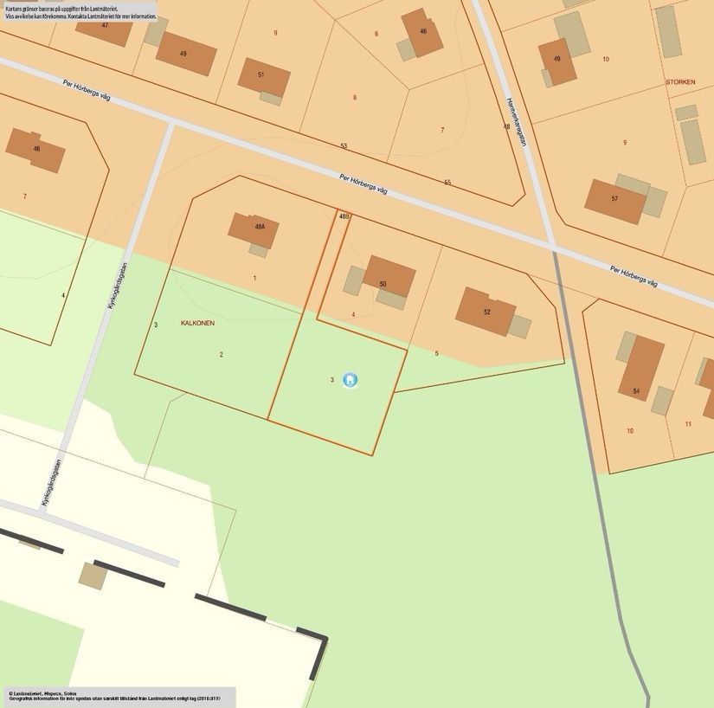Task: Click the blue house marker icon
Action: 350,379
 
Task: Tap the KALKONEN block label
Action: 197,323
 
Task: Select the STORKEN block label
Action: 680,81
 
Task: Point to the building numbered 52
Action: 486,310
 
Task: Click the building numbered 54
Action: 641,367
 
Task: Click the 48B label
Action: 344,216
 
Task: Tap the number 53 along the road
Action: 344,145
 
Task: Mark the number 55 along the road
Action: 447,182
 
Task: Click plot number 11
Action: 688,423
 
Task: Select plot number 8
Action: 354,97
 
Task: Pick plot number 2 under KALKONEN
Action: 221,354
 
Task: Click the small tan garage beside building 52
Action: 519,325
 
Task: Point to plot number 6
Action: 376,34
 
